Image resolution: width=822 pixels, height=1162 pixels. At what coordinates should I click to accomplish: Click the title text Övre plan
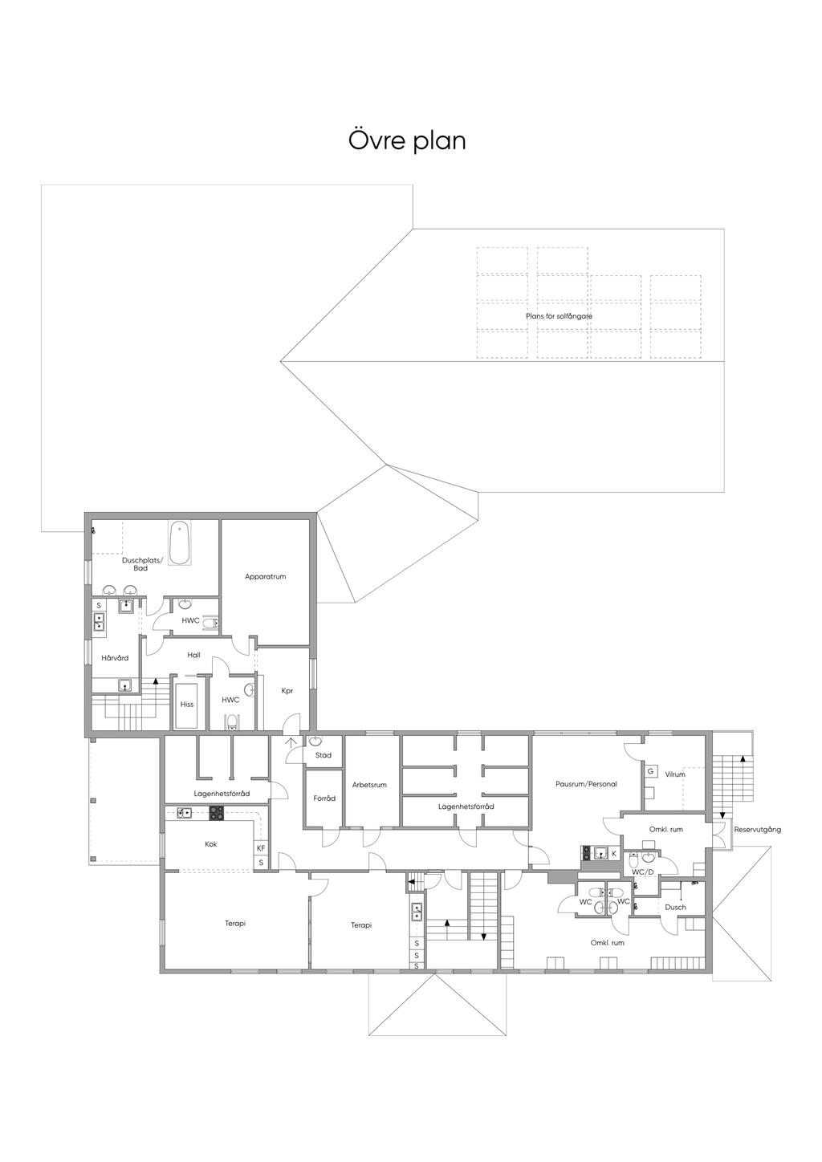pyautogui.click(x=407, y=141)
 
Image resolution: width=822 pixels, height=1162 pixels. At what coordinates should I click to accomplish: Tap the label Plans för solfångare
pyautogui.click(x=559, y=316)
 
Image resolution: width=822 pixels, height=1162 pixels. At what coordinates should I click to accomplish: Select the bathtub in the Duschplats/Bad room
pyautogui.click(x=180, y=543)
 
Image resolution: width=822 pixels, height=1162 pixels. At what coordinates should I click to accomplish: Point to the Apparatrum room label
pyautogui.click(x=265, y=577)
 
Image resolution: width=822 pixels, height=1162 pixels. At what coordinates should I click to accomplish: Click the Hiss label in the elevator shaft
pyautogui.click(x=187, y=705)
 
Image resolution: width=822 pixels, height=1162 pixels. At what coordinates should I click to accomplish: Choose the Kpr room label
pyautogui.click(x=287, y=691)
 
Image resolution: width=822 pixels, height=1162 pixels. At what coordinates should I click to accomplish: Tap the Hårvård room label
pyautogui.click(x=115, y=658)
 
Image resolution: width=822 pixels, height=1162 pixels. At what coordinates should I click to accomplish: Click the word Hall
pyautogui.click(x=193, y=655)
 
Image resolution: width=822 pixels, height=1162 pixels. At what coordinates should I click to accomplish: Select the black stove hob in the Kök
pyautogui.click(x=217, y=813)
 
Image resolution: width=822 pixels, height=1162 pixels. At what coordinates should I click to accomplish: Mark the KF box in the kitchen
pyautogui.click(x=261, y=848)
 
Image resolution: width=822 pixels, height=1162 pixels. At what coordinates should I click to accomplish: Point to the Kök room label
pyautogui.click(x=210, y=844)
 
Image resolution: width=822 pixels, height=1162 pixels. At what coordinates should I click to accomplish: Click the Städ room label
pyautogui.click(x=324, y=755)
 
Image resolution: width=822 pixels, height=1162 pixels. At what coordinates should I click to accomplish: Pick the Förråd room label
pyautogui.click(x=324, y=798)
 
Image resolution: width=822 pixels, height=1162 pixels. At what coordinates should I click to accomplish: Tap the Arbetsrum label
pyautogui.click(x=369, y=785)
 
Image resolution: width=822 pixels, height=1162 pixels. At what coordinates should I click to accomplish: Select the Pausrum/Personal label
pyautogui.click(x=586, y=784)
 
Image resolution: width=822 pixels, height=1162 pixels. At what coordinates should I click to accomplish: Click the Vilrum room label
pyautogui.click(x=675, y=774)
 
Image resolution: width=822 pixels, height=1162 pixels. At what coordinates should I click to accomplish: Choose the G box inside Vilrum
pyautogui.click(x=650, y=771)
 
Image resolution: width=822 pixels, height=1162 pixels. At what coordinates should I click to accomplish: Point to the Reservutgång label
pyautogui.click(x=757, y=830)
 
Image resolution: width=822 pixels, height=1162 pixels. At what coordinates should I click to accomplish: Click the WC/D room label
pyautogui.click(x=642, y=872)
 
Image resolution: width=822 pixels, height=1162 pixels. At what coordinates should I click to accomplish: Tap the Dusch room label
pyautogui.click(x=675, y=908)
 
